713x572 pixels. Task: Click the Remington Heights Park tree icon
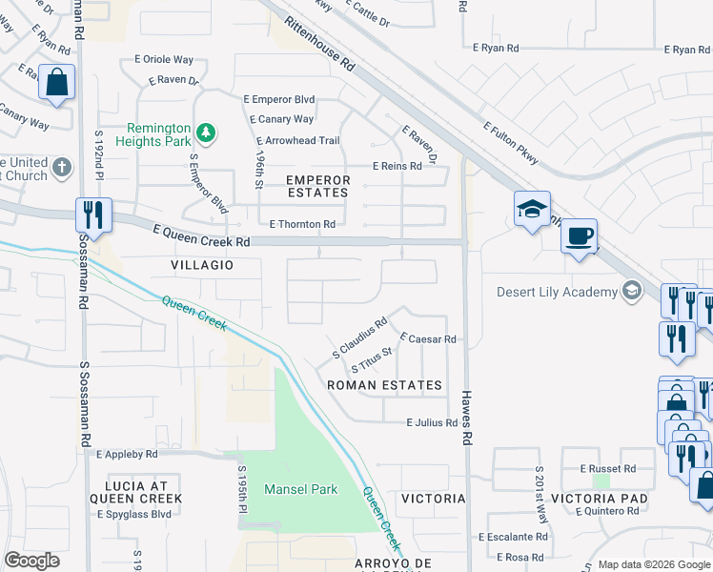click(x=205, y=131)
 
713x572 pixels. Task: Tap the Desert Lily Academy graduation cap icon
click(x=630, y=292)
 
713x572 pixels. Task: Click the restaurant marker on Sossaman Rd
click(x=94, y=214)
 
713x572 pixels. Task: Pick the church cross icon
click(x=62, y=168)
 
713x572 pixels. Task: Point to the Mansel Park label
click(x=301, y=489)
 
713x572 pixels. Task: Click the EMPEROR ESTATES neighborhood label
click(x=318, y=186)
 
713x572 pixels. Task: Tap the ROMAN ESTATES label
click(x=384, y=385)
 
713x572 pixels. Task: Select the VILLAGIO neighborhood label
click(x=202, y=265)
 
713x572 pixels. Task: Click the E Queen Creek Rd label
click(x=201, y=235)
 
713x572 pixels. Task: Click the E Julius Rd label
click(x=432, y=422)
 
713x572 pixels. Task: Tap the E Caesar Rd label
click(x=428, y=338)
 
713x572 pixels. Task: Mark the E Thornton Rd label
click(x=302, y=224)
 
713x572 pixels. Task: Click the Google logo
click(x=31, y=561)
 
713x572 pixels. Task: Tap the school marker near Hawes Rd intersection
click(x=531, y=209)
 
